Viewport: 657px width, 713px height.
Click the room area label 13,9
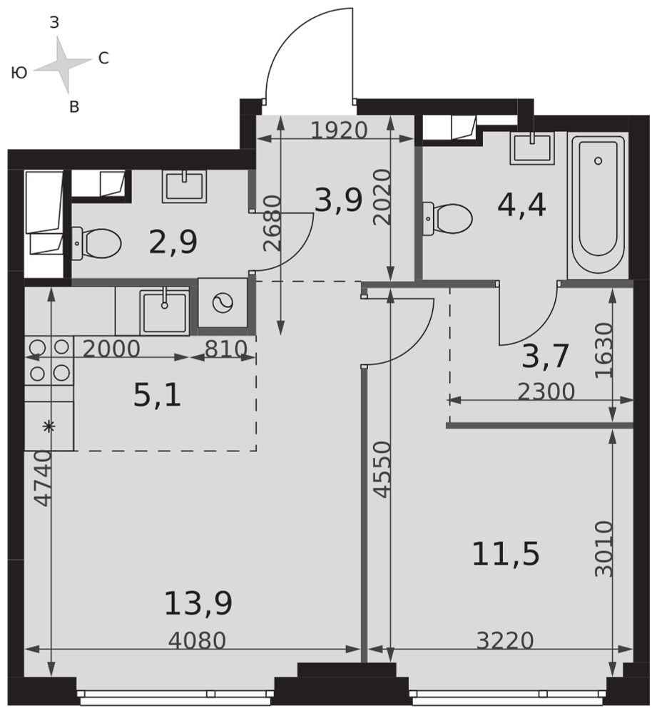198,603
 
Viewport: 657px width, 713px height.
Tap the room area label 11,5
506,554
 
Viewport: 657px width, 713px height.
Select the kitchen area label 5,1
158,395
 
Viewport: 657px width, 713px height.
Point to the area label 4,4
521,205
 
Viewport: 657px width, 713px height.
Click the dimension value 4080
197,641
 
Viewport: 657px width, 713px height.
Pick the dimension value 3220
505,641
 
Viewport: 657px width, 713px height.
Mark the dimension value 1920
340,130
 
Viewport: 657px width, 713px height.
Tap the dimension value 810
226,349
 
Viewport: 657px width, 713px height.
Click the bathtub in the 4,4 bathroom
598,205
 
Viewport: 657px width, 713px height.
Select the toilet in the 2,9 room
96,243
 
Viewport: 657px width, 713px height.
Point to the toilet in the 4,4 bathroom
448,219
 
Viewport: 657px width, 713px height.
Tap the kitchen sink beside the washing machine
164,311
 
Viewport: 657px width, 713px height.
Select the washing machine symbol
223,302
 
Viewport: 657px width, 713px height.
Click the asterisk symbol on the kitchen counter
49,426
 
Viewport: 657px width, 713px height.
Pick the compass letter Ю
19,73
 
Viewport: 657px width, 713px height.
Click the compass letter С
103,58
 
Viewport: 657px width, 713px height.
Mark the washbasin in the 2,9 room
184,186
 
